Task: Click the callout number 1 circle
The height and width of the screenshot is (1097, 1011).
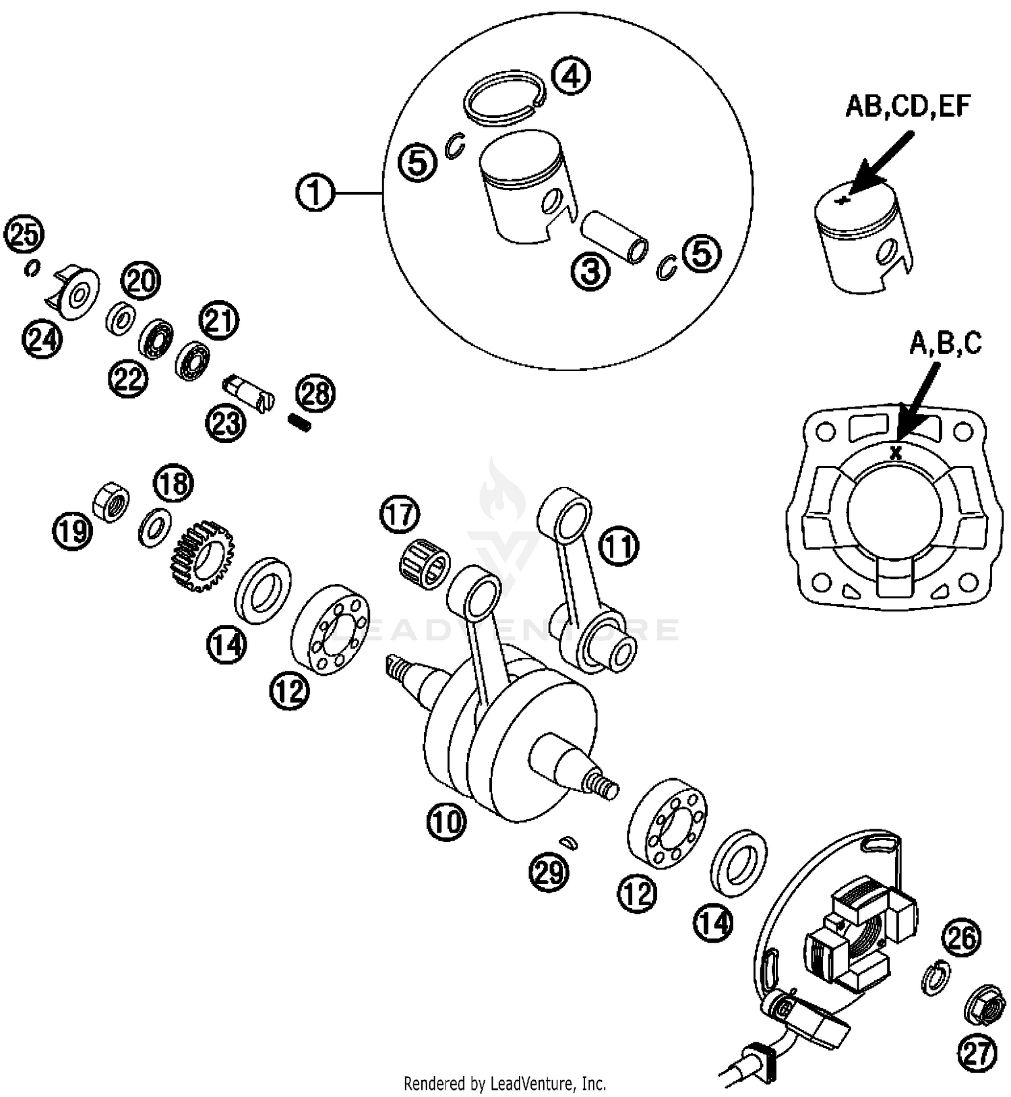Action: point(315,194)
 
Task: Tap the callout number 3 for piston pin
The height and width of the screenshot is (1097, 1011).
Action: point(590,272)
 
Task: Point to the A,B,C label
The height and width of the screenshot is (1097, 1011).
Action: point(946,344)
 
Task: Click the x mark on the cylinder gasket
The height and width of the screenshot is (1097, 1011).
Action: point(896,454)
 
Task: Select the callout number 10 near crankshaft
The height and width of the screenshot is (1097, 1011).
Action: point(446,821)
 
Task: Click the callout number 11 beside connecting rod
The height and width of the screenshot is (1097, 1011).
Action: point(619,546)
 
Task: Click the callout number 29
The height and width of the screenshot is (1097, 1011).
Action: point(547,873)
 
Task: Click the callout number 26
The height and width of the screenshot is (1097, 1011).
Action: point(962,938)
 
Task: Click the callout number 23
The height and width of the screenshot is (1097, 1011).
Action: point(225,423)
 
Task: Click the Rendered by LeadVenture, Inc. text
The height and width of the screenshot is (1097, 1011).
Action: point(505,1084)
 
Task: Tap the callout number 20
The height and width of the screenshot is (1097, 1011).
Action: point(141,280)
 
